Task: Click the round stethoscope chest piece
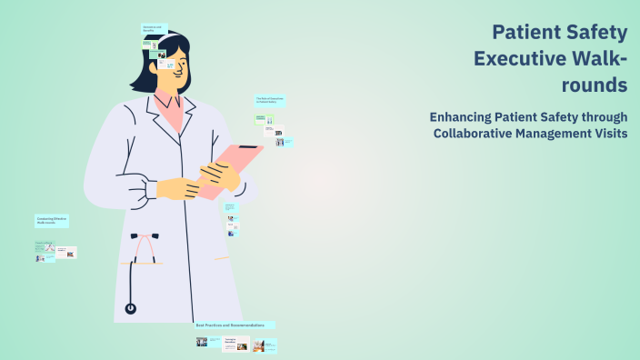click(x=131, y=308)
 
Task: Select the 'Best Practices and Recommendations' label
click(x=234, y=325)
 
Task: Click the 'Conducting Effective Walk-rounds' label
click(x=52, y=221)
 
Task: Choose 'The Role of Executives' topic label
click(x=270, y=99)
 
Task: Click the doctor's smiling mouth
click(x=178, y=77)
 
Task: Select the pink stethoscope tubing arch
click(x=144, y=244)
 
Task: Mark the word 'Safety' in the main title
click(x=595, y=33)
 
